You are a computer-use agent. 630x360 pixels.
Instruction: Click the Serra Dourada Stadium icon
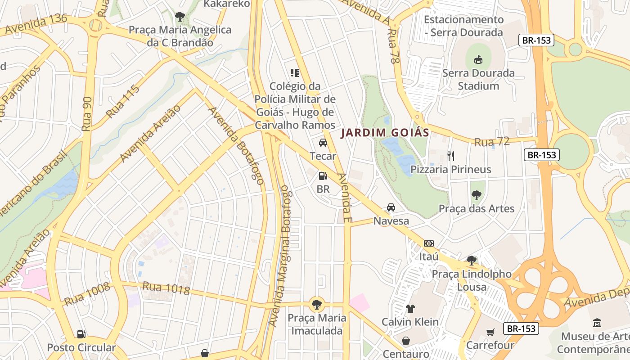pyautogui.click(x=478, y=59)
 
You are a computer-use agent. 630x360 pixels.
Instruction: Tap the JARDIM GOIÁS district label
pyautogui.click(x=385, y=133)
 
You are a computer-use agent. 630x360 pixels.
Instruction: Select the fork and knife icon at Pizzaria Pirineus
pyautogui.click(x=451, y=156)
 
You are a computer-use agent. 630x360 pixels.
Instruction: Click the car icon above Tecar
pyautogui.click(x=323, y=143)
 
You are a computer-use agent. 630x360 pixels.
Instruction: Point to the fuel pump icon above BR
pyautogui.click(x=323, y=176)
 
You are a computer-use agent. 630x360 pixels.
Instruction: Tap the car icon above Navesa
pyautogui.click(x=391, y=207)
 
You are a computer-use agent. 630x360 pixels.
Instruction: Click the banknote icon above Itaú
pyautogui.click(x=428, y=243)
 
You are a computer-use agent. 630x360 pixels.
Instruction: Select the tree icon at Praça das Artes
pyautogui.click(x=476, y=195)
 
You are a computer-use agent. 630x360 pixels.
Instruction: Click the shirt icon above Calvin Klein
pyautogui.click(x=410, y=309)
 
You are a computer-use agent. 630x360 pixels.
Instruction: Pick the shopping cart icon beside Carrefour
pyautogui.click(x=490, y=333)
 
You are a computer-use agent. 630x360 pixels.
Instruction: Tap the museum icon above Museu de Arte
pyautogui.click(x=597, y=323)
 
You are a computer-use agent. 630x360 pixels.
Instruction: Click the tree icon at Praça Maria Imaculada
pyautogui.click(x=317, y=304)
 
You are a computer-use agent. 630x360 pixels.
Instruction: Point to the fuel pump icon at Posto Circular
pyautogui.click(x=81, y=334)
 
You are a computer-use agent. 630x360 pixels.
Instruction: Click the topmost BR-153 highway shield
pyautogui.click(x=536, y=40)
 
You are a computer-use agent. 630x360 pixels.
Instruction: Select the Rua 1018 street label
pyautogui.click(x=166, y=288)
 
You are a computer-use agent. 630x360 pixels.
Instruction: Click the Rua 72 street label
pyautogui.click(x=492, y=142)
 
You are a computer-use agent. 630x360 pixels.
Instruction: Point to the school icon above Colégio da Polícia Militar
pyautogui.click(x=295, y=72)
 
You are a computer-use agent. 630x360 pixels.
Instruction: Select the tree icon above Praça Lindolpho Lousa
pyautogui.click(x=471, y=260)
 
